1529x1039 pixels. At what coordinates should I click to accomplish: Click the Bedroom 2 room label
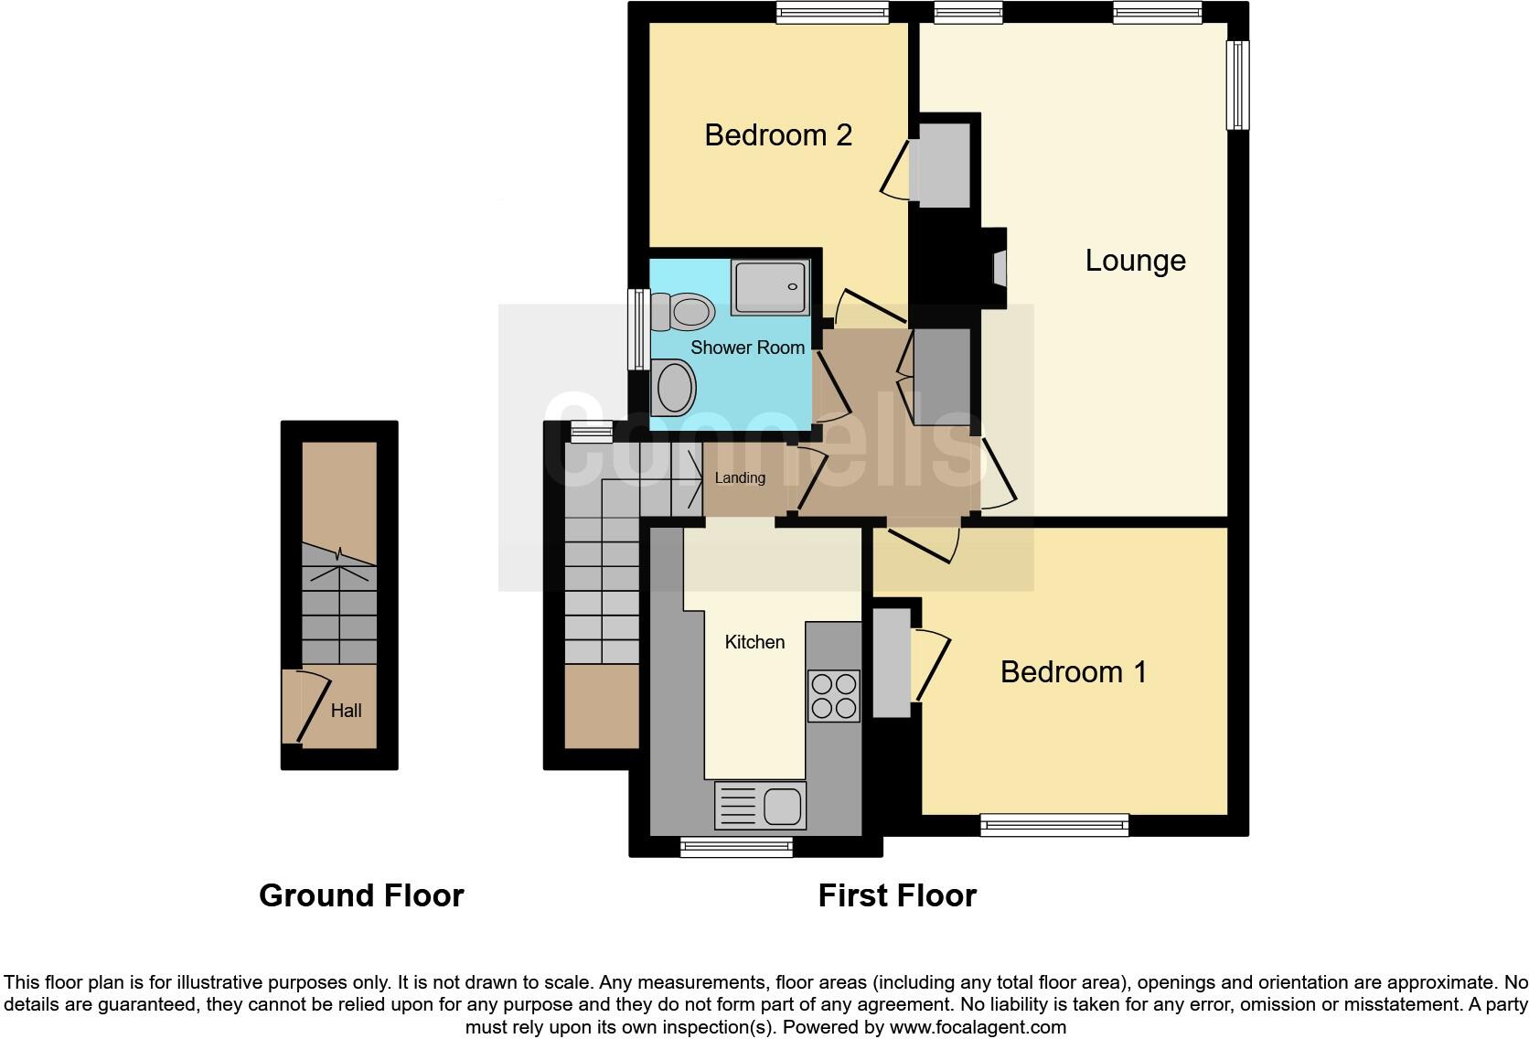778,135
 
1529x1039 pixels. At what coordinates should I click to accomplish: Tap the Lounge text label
1135,261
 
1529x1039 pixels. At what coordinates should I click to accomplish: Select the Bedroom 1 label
1073,672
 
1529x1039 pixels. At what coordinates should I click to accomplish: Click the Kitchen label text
754,642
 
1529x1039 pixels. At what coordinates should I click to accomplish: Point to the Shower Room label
747,348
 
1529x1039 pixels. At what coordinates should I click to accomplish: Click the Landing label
739,477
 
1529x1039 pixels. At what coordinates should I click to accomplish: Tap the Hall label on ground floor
346,711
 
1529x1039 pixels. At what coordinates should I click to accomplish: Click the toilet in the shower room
683,312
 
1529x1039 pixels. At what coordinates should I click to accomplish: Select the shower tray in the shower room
770,287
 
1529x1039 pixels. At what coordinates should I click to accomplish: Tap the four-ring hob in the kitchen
833,696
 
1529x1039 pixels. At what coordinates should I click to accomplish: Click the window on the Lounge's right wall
1237,85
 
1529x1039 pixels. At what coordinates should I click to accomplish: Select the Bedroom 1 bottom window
1054,825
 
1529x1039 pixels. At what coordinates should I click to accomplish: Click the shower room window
637,329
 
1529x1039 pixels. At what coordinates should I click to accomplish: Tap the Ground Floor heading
361,895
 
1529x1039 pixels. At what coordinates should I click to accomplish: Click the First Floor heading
896,895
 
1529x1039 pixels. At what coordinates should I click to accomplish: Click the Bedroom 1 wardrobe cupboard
891,663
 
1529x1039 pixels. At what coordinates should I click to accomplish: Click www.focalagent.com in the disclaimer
978,1027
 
